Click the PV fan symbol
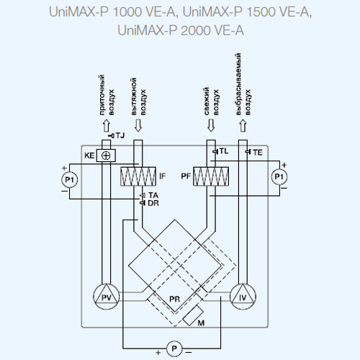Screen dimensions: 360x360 click(106, 297)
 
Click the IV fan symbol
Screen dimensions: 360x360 click(243, 297)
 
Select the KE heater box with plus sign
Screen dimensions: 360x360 click(106, 156)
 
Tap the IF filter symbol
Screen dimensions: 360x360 click(138, 176)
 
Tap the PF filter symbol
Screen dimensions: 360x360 click(211, 176)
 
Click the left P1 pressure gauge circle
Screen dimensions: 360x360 click(70, 179)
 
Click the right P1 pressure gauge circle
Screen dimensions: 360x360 click(279, 177)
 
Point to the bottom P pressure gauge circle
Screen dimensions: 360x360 click(174, 348)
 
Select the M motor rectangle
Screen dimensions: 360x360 click(193, 315)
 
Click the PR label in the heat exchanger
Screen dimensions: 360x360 click(174, 300)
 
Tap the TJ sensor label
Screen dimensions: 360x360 click(120, 135)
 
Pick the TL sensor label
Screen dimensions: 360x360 click(224, 151)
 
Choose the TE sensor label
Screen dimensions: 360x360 click(257, 153)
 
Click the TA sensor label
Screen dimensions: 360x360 click(153, 195)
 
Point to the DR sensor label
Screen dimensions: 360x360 click(153, 203)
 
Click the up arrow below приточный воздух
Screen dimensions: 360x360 click(107, 125)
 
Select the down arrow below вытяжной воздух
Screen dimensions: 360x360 click(138, 125)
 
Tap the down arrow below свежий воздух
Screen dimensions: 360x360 click(211, 125)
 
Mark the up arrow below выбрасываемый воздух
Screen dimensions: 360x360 click(243, 125)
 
